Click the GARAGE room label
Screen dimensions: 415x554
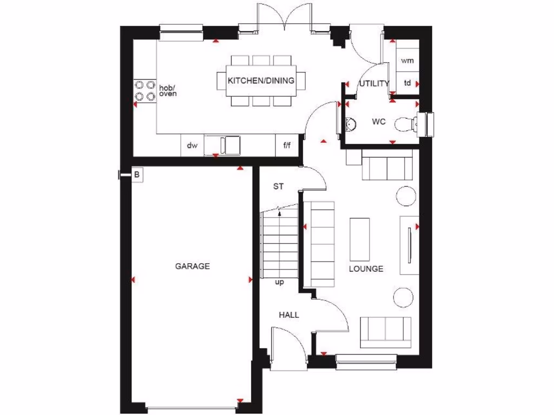(x=192, y=266)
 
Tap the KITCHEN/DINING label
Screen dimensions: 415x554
(x=261, y=81)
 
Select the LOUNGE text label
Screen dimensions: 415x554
(x=366, y=269)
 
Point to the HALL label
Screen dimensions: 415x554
(x=289, y=315)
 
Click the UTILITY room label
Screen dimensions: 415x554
(x=374, y=84)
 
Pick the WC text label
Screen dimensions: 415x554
(x=378, y=122)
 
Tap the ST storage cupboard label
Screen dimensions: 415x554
(x=278, y=187)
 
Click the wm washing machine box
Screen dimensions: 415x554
(x=407, y=61)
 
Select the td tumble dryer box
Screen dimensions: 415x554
(x=407, y=83)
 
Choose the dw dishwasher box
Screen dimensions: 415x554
(x=192, y=145)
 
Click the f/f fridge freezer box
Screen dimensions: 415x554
(x=287, y=145)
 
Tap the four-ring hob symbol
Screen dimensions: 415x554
(x=144, y=90)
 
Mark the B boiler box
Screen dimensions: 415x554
(x=137, y=175)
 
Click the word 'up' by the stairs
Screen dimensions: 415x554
(x=279, y=282)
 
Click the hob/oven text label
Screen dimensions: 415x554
(x=168, y=90)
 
